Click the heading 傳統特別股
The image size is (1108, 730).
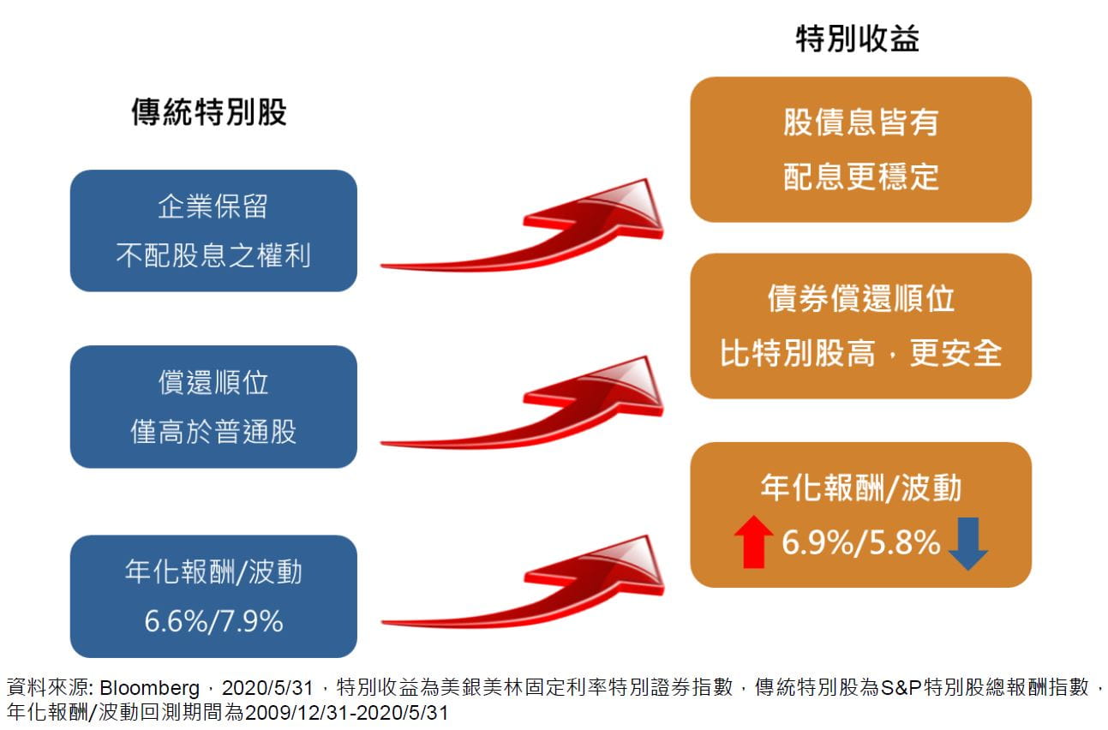[209, 111]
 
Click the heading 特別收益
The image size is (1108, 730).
[858, 39]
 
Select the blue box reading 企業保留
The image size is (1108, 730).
[213, 231]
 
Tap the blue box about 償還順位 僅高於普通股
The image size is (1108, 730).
[213, 406]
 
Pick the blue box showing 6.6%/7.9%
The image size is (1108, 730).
[213, 596]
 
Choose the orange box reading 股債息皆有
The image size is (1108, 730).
[860, 149]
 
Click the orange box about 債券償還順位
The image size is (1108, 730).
[860, 326]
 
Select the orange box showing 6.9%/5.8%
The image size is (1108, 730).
[860, 515]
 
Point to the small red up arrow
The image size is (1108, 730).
[754, 542]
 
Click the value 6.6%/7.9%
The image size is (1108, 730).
[213, 622]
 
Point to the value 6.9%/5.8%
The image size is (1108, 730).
[860, 542]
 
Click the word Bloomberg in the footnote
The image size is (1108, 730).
[149, 688]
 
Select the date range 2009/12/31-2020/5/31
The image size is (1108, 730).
[346, 713]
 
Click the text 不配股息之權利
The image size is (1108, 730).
[213, 255]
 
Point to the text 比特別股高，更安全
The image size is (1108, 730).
[860, 353]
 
